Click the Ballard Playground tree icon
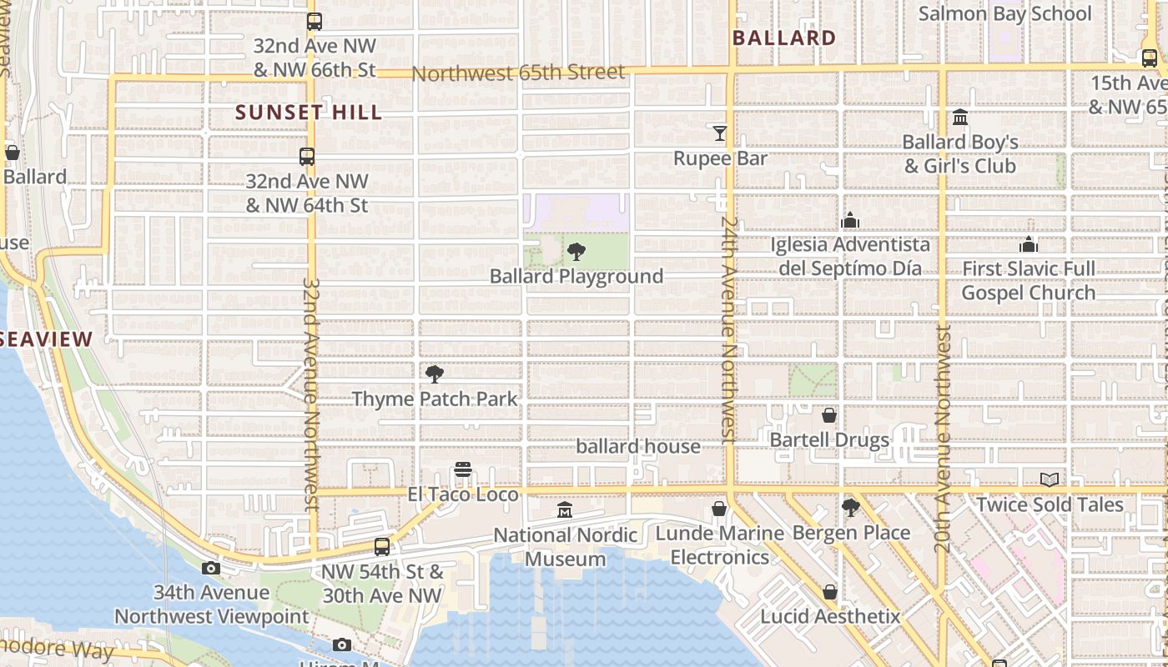click(576, 252)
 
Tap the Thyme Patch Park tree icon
click(434, 374)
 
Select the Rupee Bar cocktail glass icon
click(719, 133)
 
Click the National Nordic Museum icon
click(565, 509)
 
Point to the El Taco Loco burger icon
click(463, 470)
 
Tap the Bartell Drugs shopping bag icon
click(829, 415)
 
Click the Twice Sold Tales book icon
click(1050, 480)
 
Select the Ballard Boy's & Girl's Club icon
click(960, 118)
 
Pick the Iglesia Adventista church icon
click(850, 220)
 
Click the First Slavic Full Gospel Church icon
click(1029, 244)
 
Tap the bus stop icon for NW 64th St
click(307, 156)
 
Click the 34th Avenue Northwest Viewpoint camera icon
click(211, 569)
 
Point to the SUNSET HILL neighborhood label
click(309, 113)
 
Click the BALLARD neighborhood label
click(783, 38)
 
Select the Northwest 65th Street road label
click(518, 73)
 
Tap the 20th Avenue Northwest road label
click(943, 439)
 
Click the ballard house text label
click(638, 447)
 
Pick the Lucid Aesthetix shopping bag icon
click(830, 592)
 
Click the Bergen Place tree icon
click(851, 508)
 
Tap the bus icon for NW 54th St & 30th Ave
click(382, 547)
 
